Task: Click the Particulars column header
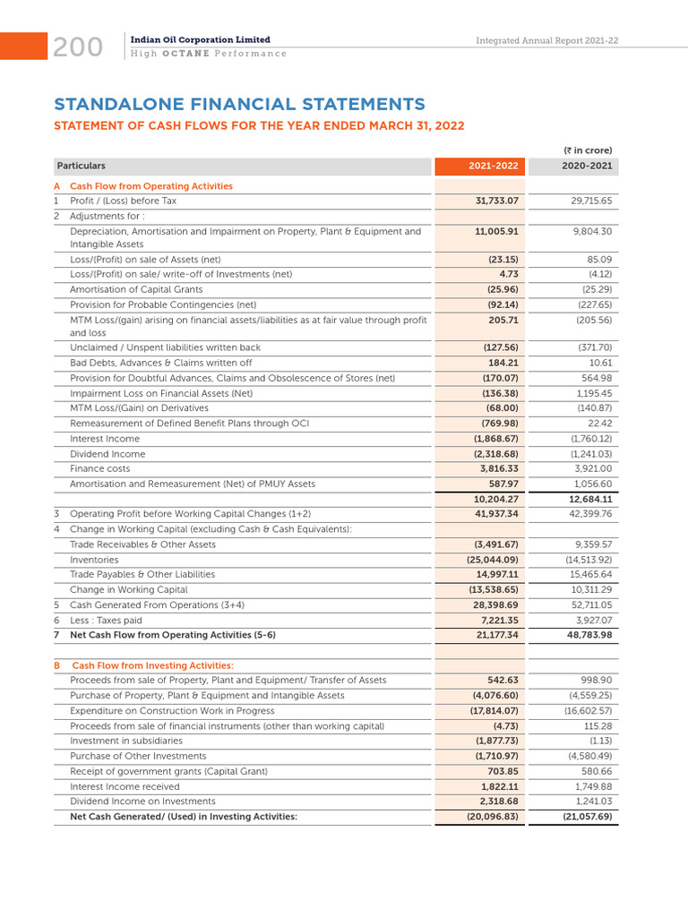pyautogui.click(x=81, y=166)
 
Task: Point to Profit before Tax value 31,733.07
pyautogui.click(x=497, y=201)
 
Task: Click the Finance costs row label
pyautogui.click(x=99, y=468)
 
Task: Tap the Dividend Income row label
pyautogui.click(x=107, y=454)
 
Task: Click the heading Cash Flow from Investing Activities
pyautogui.click(x=152, y=665)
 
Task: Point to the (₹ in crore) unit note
pyautogui.click(x=588, y=150)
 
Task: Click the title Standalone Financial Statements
pyautogui.click(x=239, y=104)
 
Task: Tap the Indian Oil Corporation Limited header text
pyautogui.click(x=200, y=40)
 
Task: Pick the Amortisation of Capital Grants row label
pyautogui.click(x=136, y=289)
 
